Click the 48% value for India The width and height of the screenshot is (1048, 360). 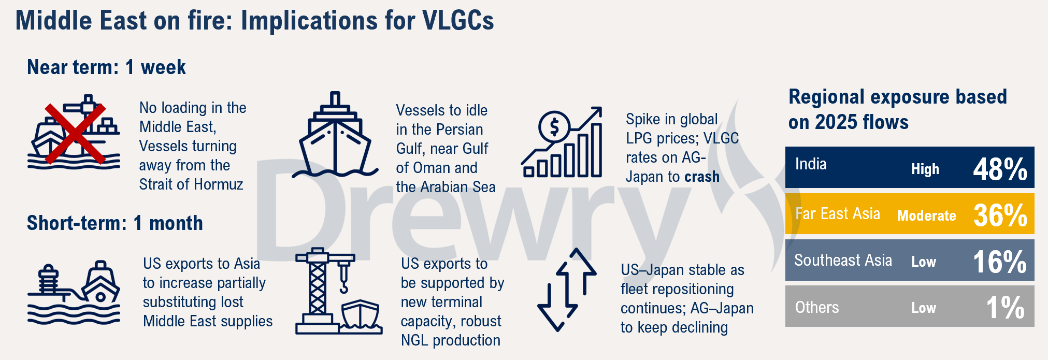(1000, 169)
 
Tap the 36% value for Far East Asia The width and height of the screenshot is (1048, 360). (1000, 215)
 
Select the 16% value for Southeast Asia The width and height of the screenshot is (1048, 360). (999, 262)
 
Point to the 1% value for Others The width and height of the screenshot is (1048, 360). (1005, 307)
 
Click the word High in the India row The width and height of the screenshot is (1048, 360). (925, 169)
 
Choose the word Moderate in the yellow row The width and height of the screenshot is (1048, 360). (926, 215)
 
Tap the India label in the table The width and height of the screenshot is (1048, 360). (811, 164)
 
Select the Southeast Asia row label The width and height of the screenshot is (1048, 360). (843, 260)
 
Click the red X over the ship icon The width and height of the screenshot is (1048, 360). (75, 134)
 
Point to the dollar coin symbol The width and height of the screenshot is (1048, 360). (554, 126)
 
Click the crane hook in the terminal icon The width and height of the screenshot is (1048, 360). (343, 282)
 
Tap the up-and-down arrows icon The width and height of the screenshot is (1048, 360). (567, 290)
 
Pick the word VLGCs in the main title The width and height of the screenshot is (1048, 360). (458, 21)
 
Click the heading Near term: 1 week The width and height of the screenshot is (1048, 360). (106, 67)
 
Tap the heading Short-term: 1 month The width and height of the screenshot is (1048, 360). (114, 223)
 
